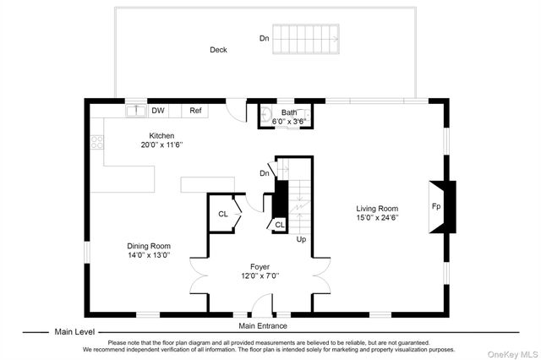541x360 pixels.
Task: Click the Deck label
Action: click(x=218, y=50)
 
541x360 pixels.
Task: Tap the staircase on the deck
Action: click(x=306, y=39)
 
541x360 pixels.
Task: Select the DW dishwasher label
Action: click(x=158, y=111)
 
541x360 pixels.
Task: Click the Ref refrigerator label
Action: click(x=195, y=111)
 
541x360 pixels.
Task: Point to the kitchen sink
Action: click(x=136, y=111)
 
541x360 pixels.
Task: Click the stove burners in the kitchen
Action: click(x=97, y=142)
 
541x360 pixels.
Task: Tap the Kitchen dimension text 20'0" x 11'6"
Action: click(x=161, y=145)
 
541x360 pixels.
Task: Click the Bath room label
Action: click(x=289, y=112)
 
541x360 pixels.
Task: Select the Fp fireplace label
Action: click(x=436, y=206)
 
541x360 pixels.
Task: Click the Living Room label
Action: click(x=377, y=208)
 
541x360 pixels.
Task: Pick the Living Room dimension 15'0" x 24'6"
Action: click(x=378, y=217)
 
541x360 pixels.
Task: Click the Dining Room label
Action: click(x=149, y=246)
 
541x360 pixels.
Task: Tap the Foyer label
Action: click(x=260, y=266)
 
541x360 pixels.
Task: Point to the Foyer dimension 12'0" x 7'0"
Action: click(x=260, y=275)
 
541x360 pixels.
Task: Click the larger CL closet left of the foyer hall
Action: click(x=223, y=214)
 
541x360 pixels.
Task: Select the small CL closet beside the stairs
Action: click(x=280, y=225)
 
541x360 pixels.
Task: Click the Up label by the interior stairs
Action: click(x=301, y=239)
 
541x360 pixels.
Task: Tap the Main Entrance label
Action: click(x=263, y=326)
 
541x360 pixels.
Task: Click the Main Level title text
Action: click(x=74, y=332)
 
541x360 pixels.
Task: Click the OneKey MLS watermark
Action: click(x=513, y=354)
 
